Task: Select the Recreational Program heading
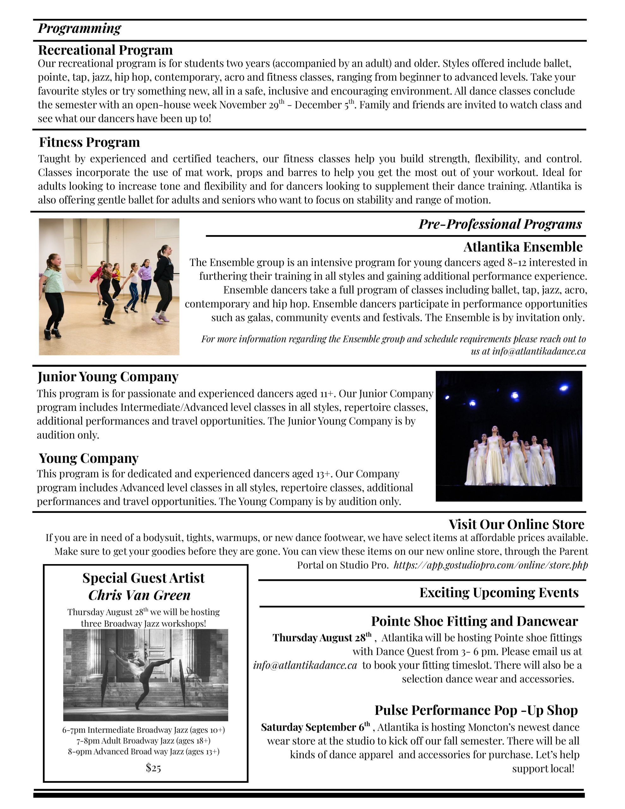[105, 50]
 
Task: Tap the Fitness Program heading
[89, 142]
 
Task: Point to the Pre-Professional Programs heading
[500, 224]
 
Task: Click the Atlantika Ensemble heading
[523, 247]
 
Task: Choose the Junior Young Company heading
[108, 377]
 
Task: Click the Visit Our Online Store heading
[516, 524]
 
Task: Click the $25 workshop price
[153, 768]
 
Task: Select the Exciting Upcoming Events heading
[499, 593]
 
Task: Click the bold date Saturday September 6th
[315, 727]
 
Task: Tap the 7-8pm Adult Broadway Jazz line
[143, 741]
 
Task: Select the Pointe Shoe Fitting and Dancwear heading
[474, 621]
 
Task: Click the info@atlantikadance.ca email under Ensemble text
[538, 351]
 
